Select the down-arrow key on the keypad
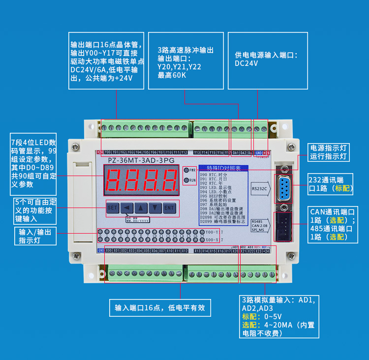coord(155,208)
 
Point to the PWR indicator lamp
coord(187,170)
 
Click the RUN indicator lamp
coord(187,180)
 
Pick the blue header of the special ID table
coord(223,168)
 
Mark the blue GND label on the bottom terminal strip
coord(101,251)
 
